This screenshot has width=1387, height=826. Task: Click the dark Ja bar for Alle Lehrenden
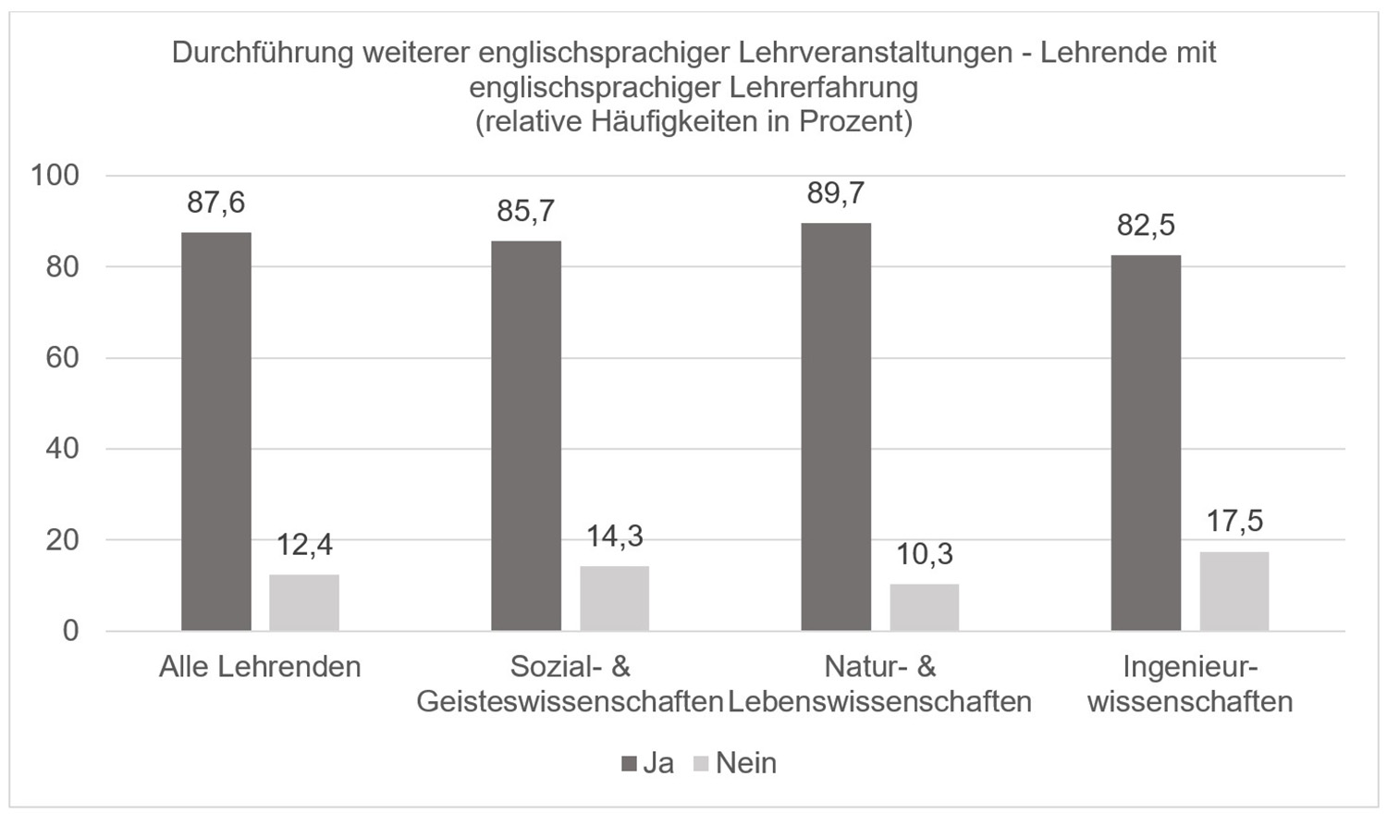[215, 431]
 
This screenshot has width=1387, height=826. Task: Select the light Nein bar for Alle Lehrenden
[304, 602]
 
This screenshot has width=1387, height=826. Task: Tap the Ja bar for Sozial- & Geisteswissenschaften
[525, 436]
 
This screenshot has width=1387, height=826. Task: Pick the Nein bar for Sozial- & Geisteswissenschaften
[614, 598]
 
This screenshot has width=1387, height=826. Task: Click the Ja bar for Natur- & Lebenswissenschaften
[836, 426]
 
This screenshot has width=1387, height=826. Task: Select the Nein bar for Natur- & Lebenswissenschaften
[925, 607]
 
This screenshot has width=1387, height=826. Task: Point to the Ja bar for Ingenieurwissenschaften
[1146, 442]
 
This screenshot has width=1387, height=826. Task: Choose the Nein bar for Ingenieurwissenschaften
[1234, 591]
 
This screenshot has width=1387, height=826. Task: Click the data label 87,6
[215, 203]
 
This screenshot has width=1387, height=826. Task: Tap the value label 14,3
[615, 536]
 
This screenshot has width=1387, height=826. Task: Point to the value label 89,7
[836, 193]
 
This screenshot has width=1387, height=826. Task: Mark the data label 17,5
[1234, 522]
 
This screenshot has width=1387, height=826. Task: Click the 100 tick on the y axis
[55, 175]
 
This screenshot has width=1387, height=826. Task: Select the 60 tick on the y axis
[62, 357]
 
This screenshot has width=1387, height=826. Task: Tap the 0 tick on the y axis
[70, 631]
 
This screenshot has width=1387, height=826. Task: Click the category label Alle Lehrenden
[260, 667]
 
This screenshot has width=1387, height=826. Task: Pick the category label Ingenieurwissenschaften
[1190, 684]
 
